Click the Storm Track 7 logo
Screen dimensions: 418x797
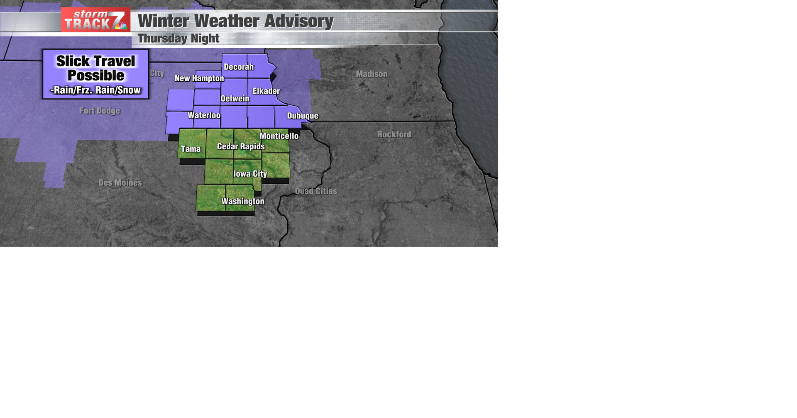pos(96,20)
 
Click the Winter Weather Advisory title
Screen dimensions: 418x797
pos(235,21)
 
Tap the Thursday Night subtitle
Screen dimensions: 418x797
pos(178,39)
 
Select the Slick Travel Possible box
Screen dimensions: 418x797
pos(95,74)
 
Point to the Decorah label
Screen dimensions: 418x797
pos(239,67)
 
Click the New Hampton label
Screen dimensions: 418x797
pos(199,78)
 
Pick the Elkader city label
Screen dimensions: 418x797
pos(266,91)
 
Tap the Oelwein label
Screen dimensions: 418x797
pos(235,99)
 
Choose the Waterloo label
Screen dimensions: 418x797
pos(204,115)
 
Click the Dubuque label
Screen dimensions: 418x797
pos(303,116)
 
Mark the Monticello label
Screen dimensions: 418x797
pos(279,136)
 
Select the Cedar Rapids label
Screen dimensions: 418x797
pos(241,146)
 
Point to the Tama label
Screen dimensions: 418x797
pos(191,149)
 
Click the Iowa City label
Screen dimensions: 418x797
pos(250,174)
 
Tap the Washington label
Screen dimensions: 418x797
pos(243,202)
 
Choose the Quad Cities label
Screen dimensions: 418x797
pos(316,191)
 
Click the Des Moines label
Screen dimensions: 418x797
pos(120,183)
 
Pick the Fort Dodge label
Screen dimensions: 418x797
pos(100,111)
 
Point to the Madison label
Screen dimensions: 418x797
pos(372,74)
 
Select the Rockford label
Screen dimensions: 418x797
pos(394,134)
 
